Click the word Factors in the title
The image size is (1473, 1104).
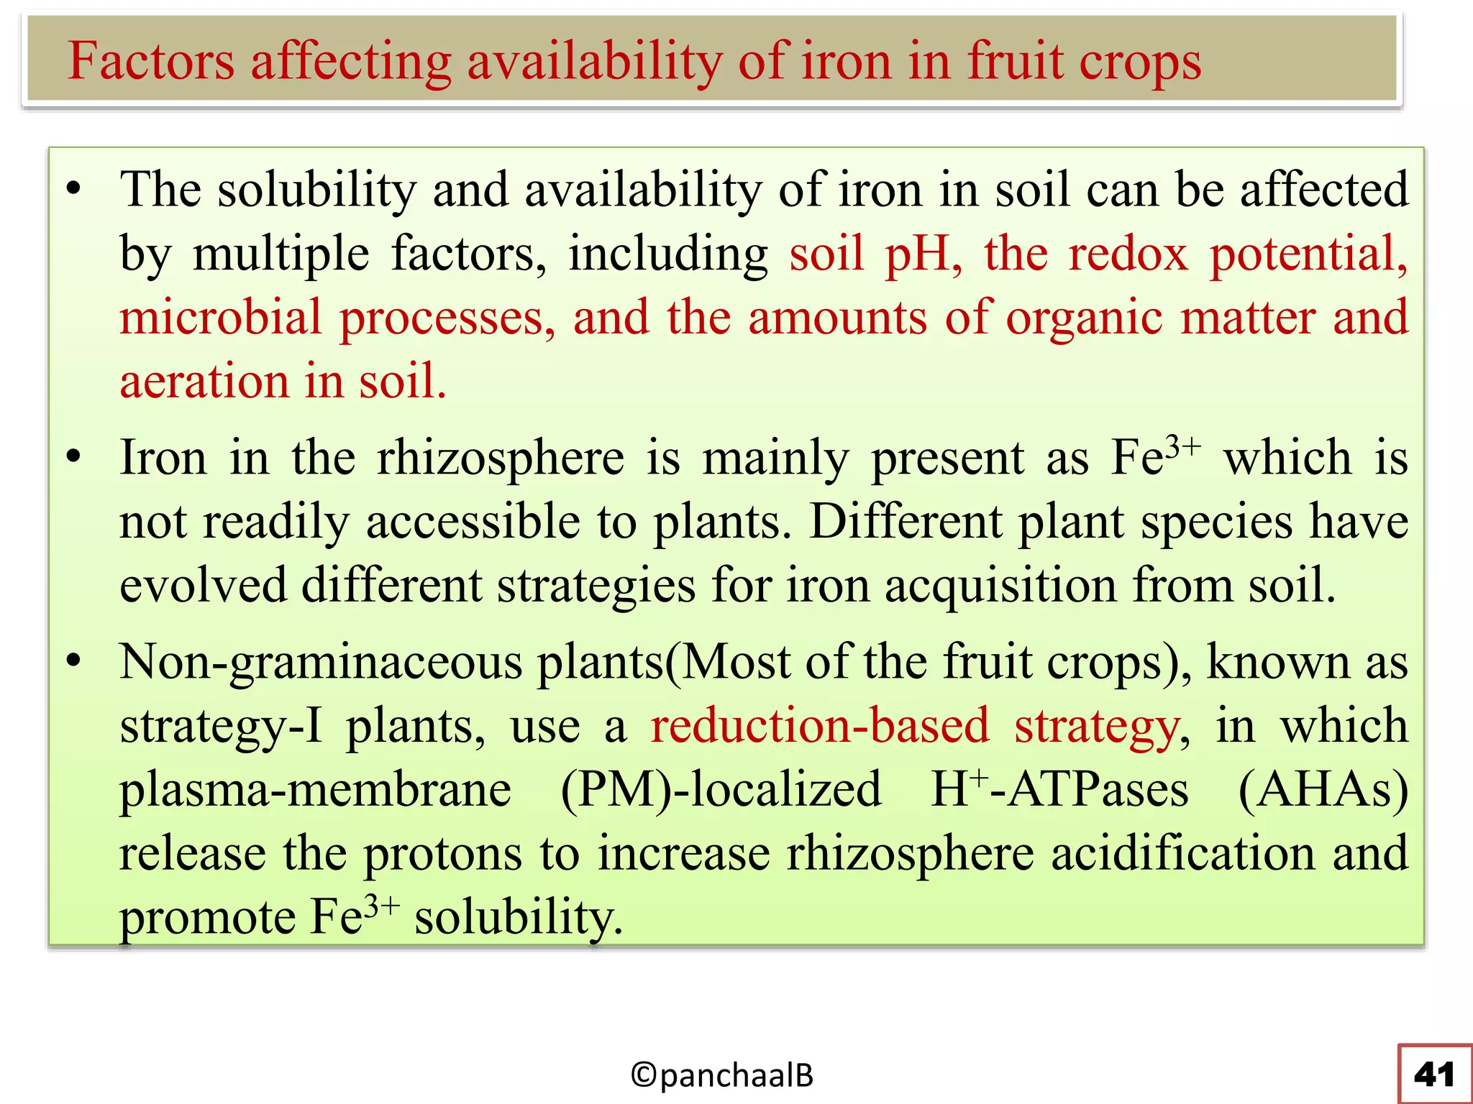tap(151, 62)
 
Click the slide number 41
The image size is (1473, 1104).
tap(1434, 1075)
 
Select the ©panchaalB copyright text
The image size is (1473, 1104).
tap(721, 1075)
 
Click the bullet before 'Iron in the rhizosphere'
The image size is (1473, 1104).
tap(73, 458)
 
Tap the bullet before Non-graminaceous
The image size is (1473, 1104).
tap(73, 661)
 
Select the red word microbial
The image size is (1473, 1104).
tap(220, 318)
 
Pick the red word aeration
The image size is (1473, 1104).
tap(204, 381)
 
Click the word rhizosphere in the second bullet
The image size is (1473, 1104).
tap(501, 458)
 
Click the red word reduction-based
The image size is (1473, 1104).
tap(820, 726)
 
